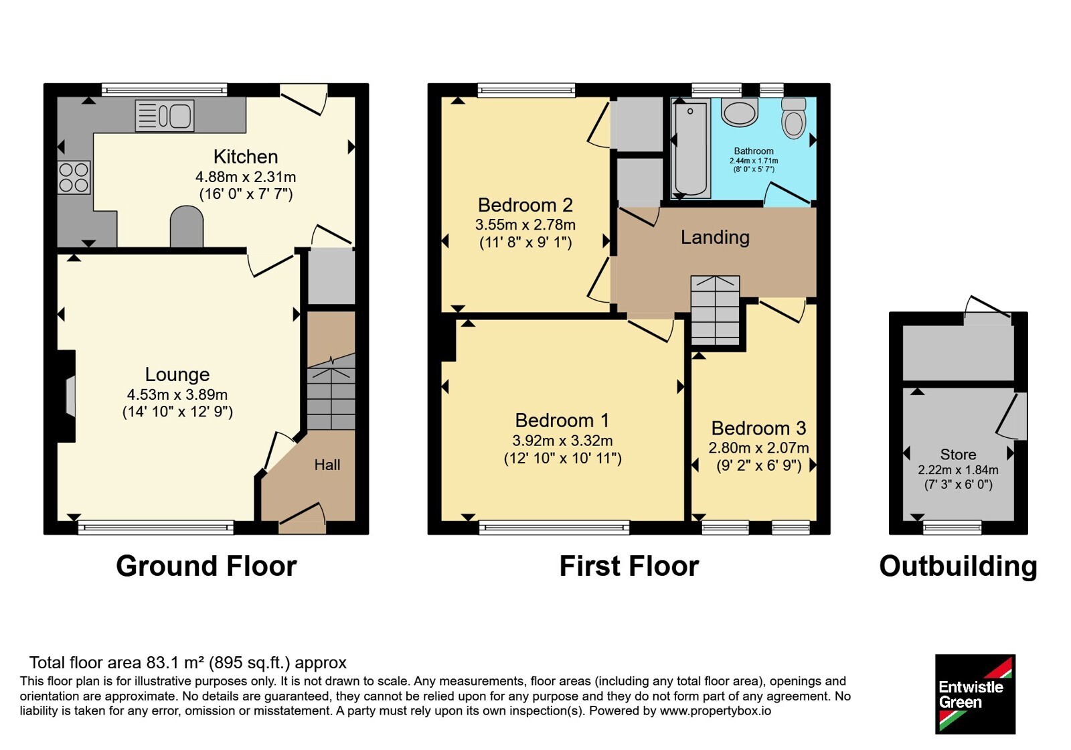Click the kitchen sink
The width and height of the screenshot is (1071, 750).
(x=165, y=115)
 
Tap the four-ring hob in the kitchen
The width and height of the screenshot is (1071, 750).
(x=74, y=177)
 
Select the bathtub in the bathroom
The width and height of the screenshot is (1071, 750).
(x=690, y=149)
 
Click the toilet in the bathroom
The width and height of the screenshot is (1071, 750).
(x=794, y=118)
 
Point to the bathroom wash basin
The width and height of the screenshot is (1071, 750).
(x=739, y=112)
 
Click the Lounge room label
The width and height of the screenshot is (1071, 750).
(x=177, y=374)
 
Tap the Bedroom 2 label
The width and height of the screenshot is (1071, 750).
(x=525, y=205)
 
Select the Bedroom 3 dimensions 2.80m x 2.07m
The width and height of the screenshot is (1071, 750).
(x=759, y=448)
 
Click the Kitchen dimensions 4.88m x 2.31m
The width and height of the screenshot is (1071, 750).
(x=246, y=177)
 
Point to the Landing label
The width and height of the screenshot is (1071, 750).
(x=716, y=237)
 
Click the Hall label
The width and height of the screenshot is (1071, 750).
(x=327, y=465)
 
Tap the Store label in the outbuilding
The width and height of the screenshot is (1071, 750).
(x=958, y=454)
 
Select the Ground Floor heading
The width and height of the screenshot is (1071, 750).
(x=206, y=566)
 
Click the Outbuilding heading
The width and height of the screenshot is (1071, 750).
(x=958, y=567)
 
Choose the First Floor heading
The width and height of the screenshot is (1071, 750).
(x=629, y=566)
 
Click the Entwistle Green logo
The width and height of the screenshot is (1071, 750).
(x=975, y=694)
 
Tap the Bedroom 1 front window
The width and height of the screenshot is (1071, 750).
(x=555, y=527)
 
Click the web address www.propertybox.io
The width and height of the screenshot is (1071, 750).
(x=716, y=710)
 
